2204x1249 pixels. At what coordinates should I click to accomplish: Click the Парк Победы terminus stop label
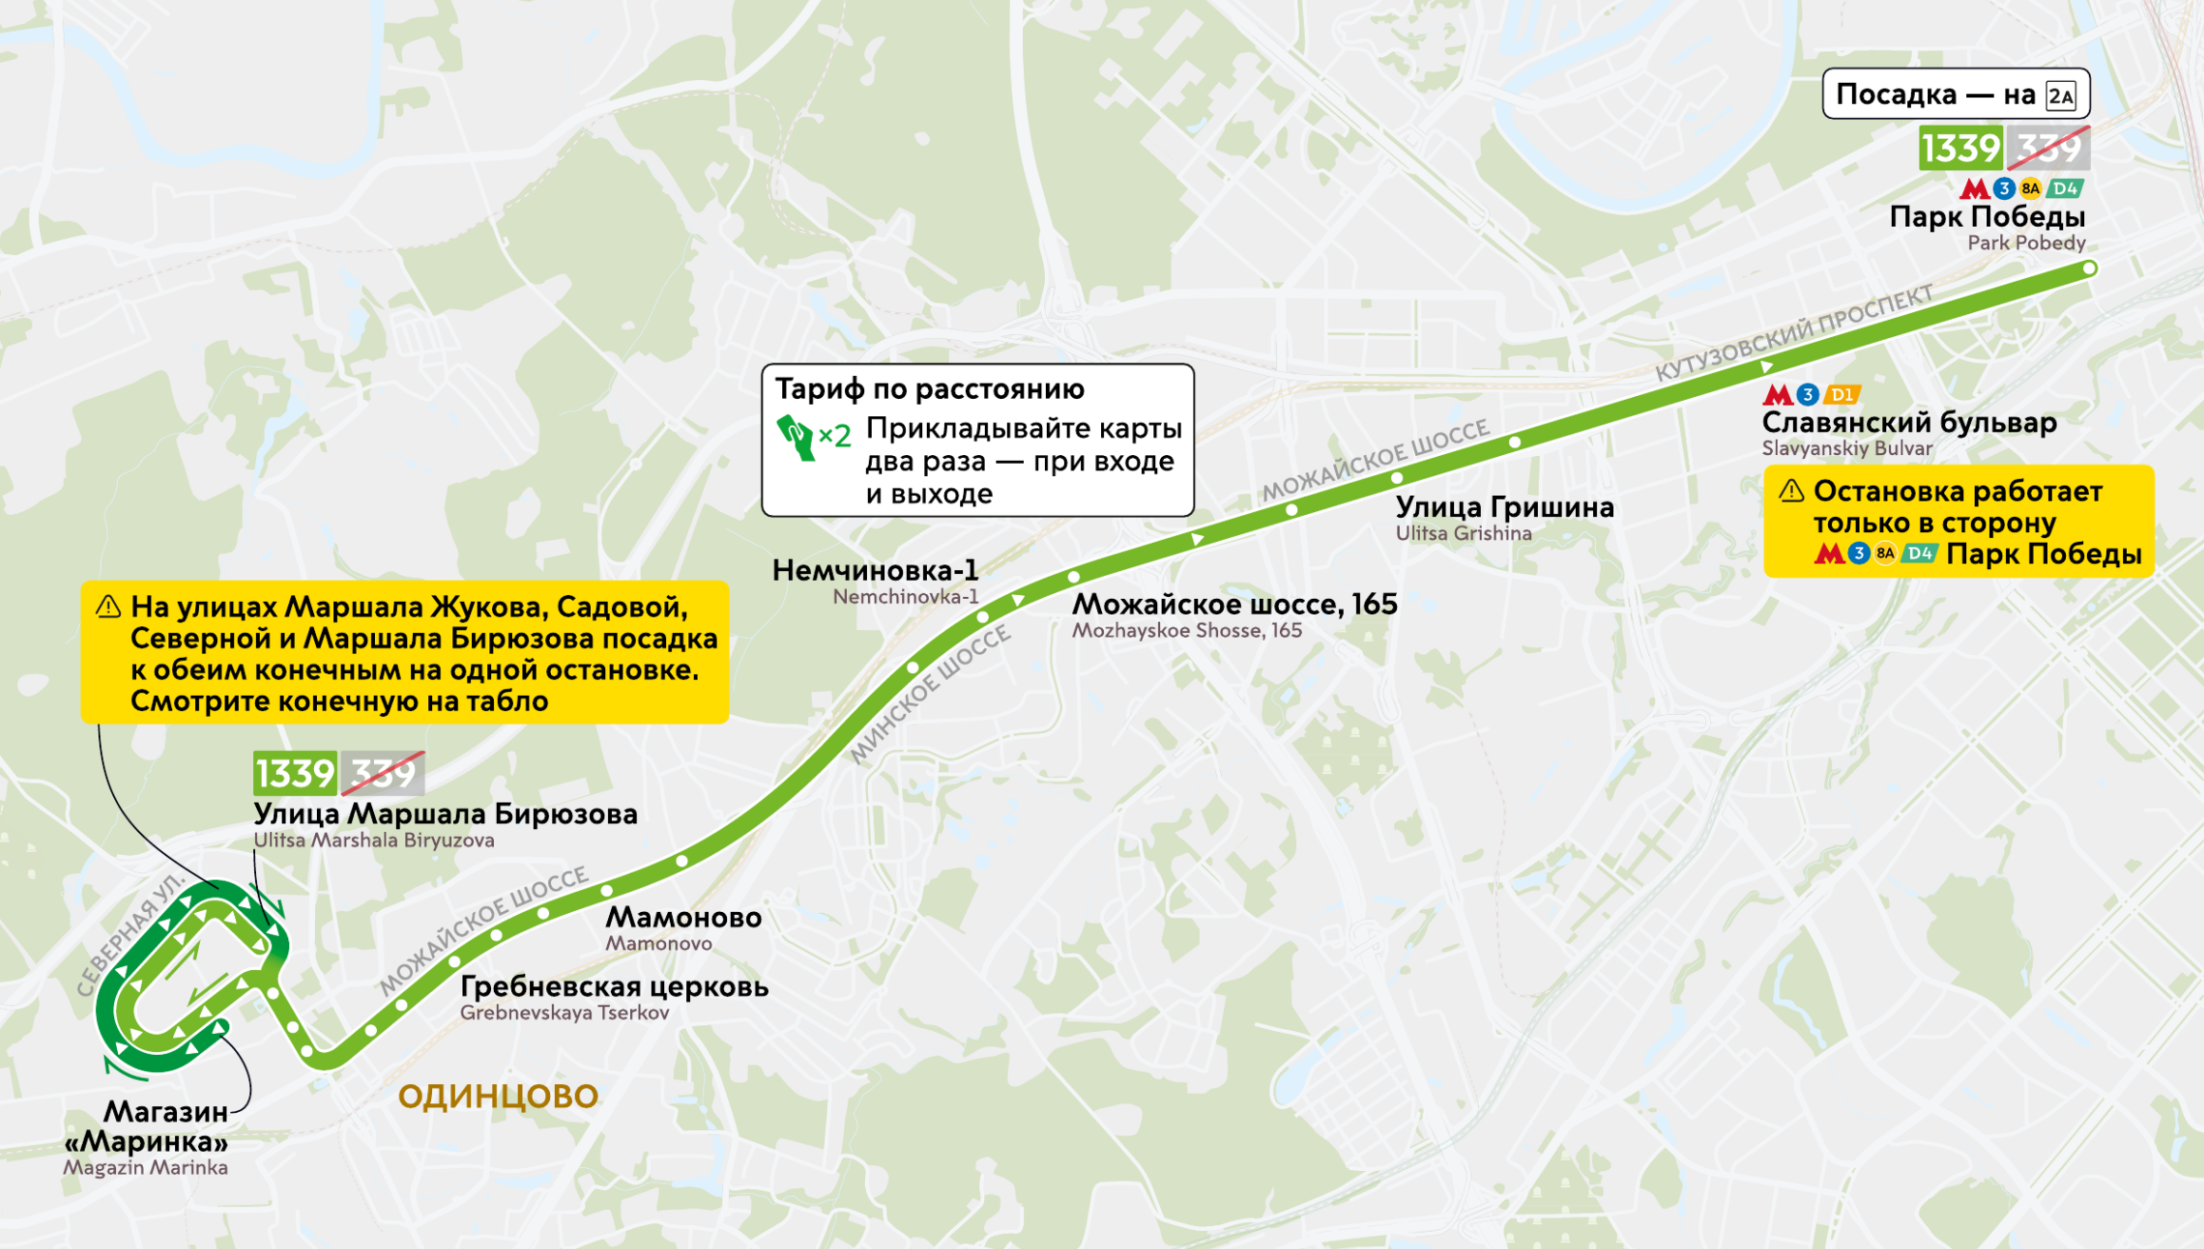(x=1987, y=217)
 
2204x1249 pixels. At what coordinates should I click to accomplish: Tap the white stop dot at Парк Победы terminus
(x=2089, y=268)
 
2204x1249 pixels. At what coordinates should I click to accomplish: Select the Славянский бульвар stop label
(x=1908, y=423)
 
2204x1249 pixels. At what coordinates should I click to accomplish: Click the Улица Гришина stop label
(x=1505, y=507)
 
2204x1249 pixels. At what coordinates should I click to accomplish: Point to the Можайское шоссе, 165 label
(x=1234, y=605)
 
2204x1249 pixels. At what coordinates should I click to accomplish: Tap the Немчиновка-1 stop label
(x=875, y=570)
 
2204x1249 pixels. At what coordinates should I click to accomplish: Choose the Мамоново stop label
(x=683, y=918)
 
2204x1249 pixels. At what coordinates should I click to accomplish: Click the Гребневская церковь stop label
(x=614, y=987)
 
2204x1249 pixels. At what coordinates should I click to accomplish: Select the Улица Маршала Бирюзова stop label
(x=445, y=815)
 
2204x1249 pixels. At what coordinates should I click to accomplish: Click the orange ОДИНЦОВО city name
(x=498, y=1097)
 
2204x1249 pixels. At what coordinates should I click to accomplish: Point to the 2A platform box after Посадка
(x=2060, y=96)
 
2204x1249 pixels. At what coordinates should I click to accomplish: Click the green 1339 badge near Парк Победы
(x=1960, y=149)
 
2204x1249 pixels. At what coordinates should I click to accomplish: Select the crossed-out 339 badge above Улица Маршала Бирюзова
(x=383, y=774)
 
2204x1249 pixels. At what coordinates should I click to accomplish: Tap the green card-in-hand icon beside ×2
(x=796, y=437)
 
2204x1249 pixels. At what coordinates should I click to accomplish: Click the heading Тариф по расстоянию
(x=929, y=389)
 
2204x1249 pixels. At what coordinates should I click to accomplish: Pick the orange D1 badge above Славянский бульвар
(x=1841, y=394)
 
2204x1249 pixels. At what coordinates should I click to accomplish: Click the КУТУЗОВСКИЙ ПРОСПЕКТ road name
(x=1793, y=332)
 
